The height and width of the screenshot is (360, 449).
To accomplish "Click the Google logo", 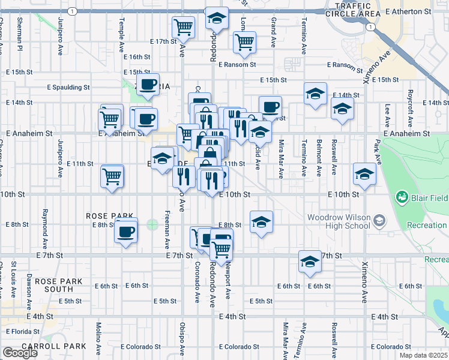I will [x=20, y=353].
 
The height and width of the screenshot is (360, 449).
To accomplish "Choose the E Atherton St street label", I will [x=409, y=11].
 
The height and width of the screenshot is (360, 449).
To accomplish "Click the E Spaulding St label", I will [x=68, y=87].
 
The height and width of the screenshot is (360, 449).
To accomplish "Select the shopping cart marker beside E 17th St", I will [x=183, y=26].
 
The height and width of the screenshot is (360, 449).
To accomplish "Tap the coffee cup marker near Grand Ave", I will [x=270, y=107].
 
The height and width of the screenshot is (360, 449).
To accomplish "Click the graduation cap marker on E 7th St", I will [x=310, y=262].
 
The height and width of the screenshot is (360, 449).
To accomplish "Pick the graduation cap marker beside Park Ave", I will [x=364, y=174].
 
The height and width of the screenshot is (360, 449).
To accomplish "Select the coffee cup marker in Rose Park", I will [x=126, y=231].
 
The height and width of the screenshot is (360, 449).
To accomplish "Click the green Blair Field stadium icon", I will [x=402, y=197].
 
